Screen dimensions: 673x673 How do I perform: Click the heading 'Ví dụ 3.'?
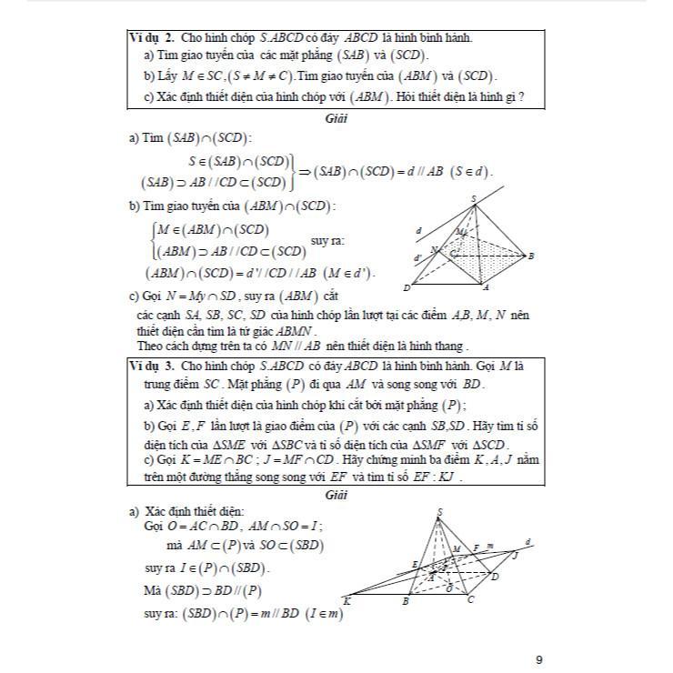point(152,364)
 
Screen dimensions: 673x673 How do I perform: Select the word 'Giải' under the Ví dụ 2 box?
point(337,119)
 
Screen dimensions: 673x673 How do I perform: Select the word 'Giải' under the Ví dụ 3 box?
point(337,496)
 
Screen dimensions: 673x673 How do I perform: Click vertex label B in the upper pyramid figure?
point(532,256)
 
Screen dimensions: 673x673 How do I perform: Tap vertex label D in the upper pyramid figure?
point(407,288)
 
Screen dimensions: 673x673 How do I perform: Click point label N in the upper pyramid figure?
point(434,249)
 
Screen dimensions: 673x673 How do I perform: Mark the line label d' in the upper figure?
point(417,258)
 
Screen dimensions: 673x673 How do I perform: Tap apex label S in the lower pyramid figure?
point(440,512)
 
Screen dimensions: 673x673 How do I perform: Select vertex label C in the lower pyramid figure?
point(470,600)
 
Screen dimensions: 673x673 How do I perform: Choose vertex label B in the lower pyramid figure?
point(406,601)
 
